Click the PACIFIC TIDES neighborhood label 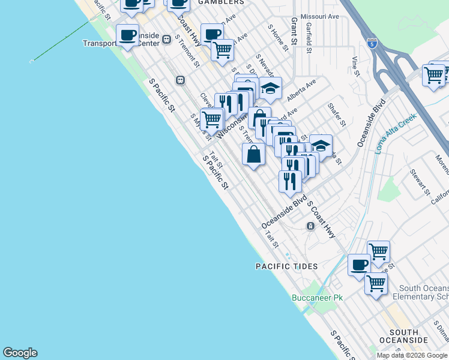[x=286, y=266]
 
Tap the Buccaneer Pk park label [x=317, y=298]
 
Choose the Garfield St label [x=309, y=37]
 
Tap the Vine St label [x=355, y=66]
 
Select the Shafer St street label [x=337, y=114]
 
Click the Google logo [x=20, y=353]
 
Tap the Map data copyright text [x=412, y=355]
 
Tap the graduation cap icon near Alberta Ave [x=270, y=88]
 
